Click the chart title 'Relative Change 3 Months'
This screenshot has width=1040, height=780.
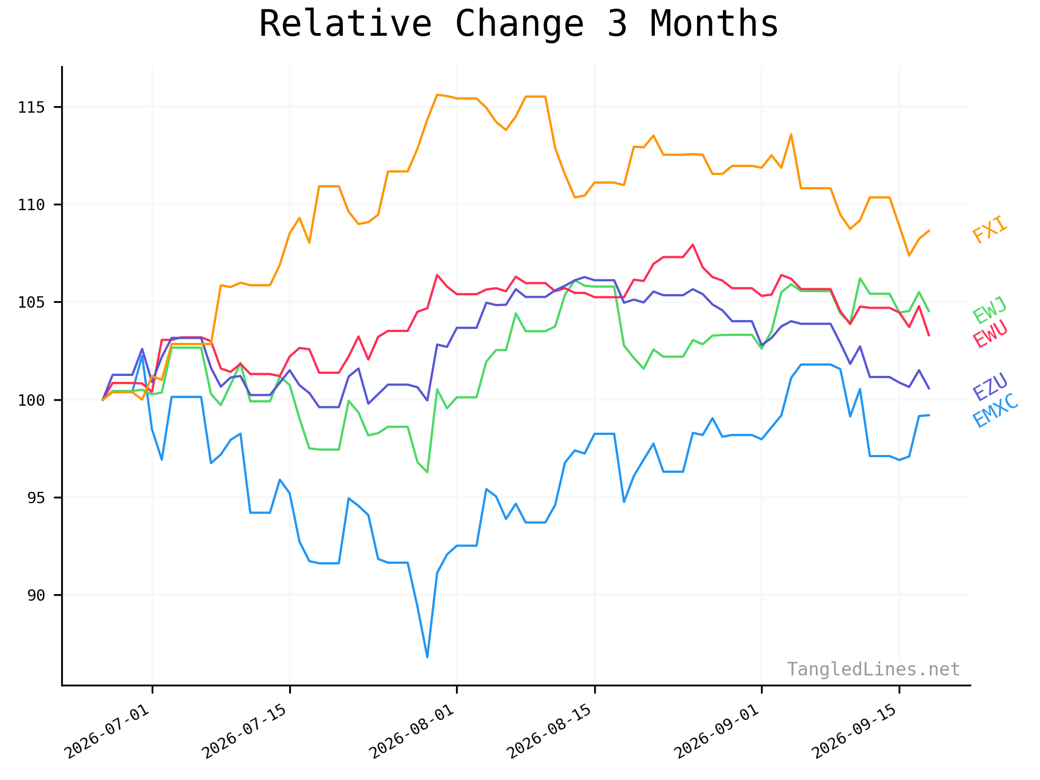[518, 24]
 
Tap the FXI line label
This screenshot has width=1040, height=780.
[990, 230]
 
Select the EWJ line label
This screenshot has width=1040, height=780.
[990, 310]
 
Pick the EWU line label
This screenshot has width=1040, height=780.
[990, 334]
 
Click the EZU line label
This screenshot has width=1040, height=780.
[990, 387]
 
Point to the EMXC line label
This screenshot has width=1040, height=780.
[996, 410]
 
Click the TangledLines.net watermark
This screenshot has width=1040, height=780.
[873, 669]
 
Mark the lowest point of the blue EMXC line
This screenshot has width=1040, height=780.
[427, 657]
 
